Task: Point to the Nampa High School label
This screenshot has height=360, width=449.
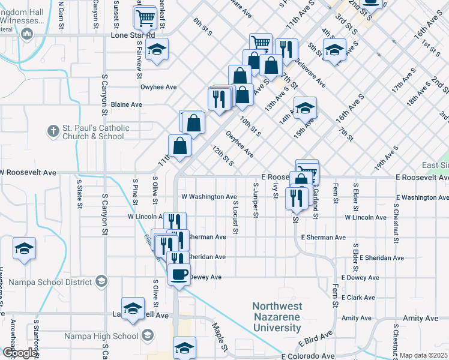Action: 101,336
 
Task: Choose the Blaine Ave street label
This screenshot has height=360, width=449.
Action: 126,104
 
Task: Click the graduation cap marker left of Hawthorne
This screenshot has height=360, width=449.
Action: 24,249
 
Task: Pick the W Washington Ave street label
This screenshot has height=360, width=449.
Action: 209,197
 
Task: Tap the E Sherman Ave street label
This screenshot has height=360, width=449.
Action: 325,238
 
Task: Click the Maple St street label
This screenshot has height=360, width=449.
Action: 220,338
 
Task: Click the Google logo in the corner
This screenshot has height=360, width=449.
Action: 20,353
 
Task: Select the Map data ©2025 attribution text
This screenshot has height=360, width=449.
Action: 424,355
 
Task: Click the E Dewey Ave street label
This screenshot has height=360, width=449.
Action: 360,278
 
